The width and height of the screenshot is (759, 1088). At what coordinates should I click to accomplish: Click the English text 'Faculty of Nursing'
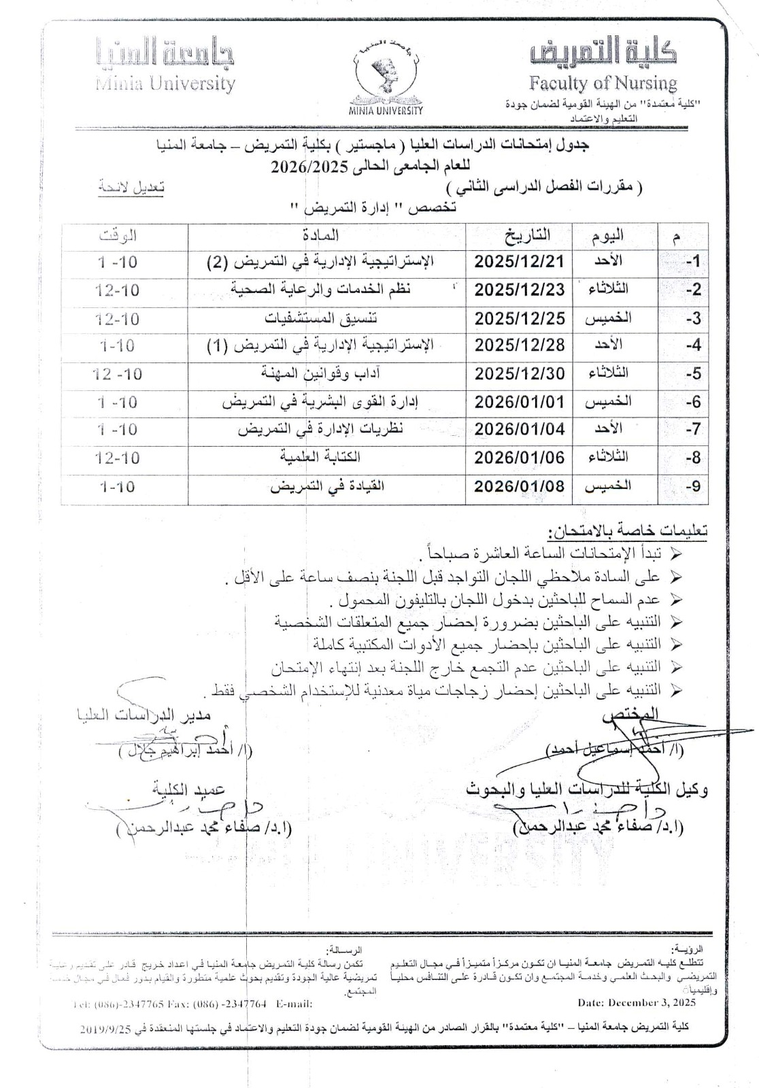click(603, 84)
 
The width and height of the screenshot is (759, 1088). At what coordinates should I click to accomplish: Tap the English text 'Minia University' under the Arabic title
click(165, 84)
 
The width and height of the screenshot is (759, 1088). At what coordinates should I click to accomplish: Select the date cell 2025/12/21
click(520, 262)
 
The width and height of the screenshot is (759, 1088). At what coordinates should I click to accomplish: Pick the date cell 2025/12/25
click(520, 318)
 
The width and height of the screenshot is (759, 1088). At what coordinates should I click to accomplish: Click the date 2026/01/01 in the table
click(520, 401)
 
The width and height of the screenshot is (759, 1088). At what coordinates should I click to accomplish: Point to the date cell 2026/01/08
click(520, 486)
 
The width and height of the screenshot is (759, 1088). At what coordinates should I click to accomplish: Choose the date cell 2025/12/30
click(520, 373)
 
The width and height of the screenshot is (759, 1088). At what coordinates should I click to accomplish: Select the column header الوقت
click(117, 236)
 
